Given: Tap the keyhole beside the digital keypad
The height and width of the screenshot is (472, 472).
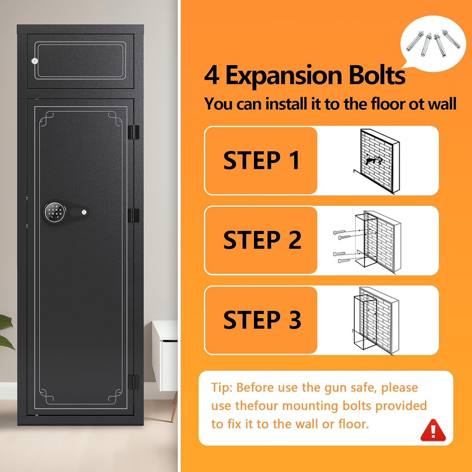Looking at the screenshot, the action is click(x=84, y=212).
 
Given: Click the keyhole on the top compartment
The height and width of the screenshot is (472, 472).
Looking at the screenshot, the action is click(x=35, y=61).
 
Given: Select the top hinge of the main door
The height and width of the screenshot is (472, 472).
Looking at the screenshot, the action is click(x=133, y=132).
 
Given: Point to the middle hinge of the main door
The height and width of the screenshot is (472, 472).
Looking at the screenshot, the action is click(x=133, y=215).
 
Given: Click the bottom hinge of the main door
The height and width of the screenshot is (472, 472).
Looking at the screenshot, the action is click(x=133, y=382).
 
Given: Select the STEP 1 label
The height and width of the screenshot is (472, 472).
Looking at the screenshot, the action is click(x=261, y=160).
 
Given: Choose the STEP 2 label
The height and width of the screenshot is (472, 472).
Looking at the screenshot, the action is click(x=262, y=240).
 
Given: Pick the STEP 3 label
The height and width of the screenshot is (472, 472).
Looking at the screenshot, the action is click(x=262, y=320).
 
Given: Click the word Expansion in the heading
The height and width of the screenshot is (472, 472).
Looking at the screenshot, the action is click(x=284, y=76).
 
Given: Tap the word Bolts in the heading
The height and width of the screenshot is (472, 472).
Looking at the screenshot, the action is click(x=377, y=75).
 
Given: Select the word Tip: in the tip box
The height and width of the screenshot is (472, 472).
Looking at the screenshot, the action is click(x=222, y=388).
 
